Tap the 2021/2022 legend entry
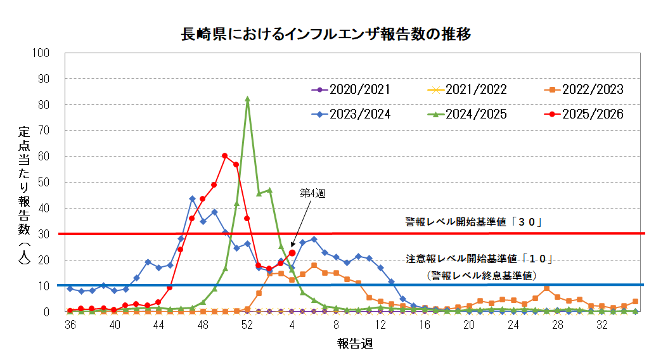(477, 89)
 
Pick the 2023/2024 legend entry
(359, 114)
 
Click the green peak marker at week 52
(247, 99)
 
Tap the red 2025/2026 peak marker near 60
(225, 156)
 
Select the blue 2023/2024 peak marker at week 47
(192, 198)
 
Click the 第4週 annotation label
(312, 194)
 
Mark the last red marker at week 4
(292, 253)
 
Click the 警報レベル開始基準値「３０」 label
(476, 222)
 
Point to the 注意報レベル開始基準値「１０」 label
(480, 259)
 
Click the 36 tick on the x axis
(70, 325)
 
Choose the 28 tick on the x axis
(557, 325)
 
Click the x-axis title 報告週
(354, 344)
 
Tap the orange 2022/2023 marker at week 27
(546, 288)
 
